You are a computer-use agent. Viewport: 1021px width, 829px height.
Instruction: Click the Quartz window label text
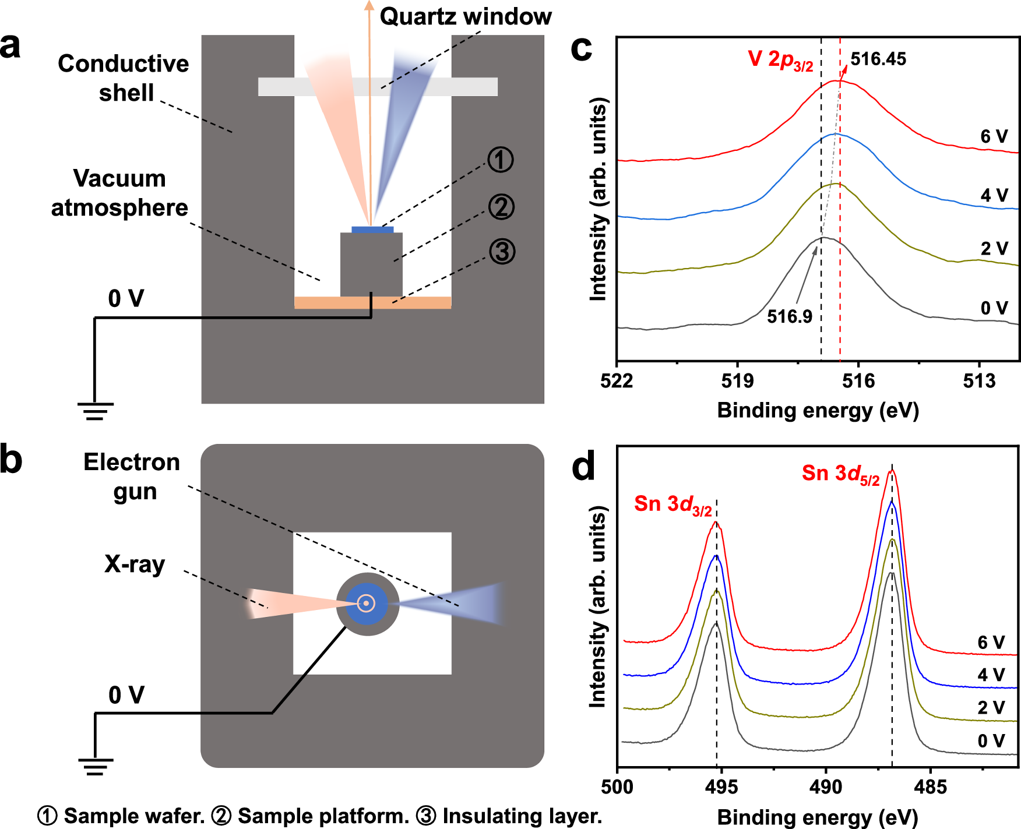tap(465, 16)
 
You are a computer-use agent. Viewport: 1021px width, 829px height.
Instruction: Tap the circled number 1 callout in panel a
tap(501, 160)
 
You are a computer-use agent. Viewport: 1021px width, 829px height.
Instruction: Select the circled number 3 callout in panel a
tap(502, 252)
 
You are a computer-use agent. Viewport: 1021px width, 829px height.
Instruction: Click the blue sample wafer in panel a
tap(372, 230)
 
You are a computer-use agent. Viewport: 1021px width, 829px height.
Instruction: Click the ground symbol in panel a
tap(95, 411)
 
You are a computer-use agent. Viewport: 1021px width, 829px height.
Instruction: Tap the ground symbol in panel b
tap(95, 767)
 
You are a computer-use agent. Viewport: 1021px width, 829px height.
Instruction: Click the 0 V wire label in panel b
tap(126, 695)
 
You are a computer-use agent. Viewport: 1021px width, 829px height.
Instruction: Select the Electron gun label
tap(132, 477)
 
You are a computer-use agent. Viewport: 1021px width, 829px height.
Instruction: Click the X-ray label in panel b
tap(135, 564)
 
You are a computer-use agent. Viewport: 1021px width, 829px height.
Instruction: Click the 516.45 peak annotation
tap(878, 59)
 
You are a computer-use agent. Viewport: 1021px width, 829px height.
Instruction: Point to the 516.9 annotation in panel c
tap(789, 316)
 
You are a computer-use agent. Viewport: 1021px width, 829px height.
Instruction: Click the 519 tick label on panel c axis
tap(737, 381)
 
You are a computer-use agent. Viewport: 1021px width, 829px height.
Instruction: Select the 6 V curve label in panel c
tap(994, 136)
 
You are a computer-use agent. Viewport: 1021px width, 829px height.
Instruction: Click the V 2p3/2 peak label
tap(780, 60)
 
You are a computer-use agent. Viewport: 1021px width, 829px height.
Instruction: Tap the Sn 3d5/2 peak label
tap(840, 474)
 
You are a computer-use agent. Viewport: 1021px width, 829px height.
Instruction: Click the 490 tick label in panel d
tap(826, 787)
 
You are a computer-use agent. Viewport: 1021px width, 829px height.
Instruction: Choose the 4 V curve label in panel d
tap(991, 675)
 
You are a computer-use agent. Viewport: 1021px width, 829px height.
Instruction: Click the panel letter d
tap(583, 467)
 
